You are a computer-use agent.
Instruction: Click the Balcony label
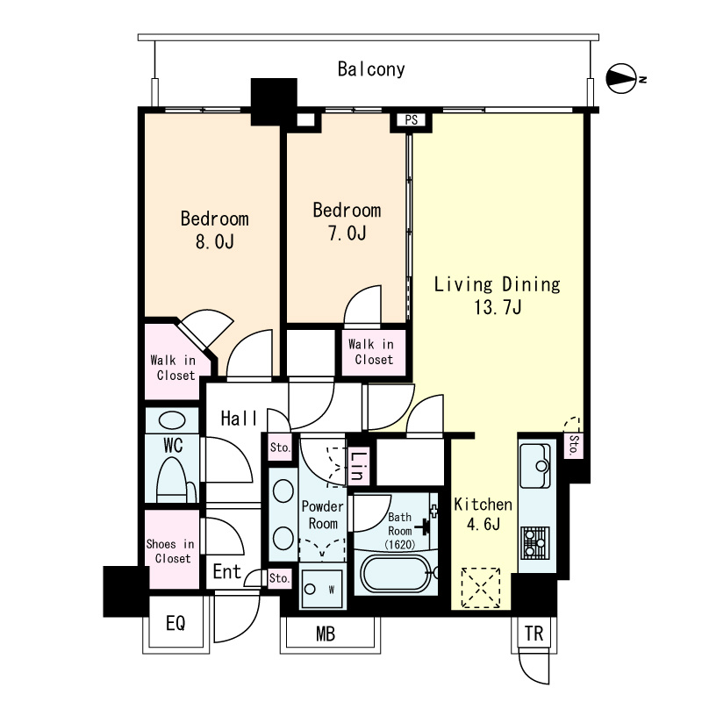point(371,69)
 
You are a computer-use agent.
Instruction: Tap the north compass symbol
point(621,79)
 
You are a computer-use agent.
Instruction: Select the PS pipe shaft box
point(411,120)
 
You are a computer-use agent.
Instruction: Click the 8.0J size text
point(214,242)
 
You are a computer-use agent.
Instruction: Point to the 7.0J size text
point(347,233)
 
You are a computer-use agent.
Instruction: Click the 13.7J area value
point(498,307)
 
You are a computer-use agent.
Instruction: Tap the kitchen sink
point(536,466)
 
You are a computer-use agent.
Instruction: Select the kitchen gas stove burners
point(536,542)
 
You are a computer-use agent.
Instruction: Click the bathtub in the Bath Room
point(396,573)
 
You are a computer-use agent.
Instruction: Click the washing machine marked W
point(322,589)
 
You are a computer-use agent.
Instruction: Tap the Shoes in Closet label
point(171,551)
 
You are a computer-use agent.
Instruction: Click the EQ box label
point(175,623)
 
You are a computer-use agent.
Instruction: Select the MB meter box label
point(326,634)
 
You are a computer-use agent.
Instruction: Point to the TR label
point(534,634)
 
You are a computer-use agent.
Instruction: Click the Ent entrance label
point(227,572)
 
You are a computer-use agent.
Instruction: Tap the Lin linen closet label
point(358,466)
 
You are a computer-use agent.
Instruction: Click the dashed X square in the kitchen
point(480,588)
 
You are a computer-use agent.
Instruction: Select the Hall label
point(239,419)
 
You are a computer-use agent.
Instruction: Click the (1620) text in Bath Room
point(399,545)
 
